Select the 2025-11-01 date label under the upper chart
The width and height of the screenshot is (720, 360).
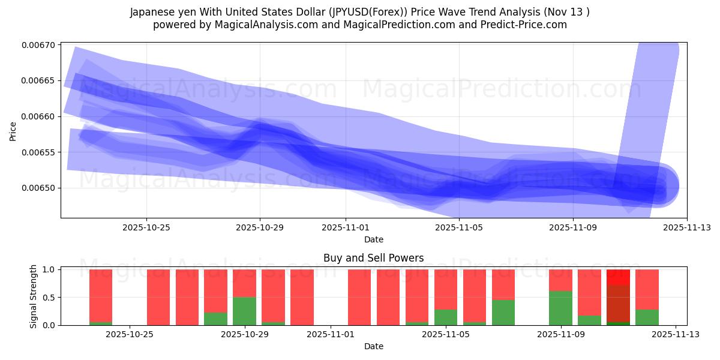click(346, 227)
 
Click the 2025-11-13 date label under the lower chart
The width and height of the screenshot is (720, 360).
click(676, 335)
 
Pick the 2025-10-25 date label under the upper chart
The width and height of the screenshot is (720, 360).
click(146, 227)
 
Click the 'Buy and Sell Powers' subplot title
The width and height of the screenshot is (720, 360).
click(373, 258)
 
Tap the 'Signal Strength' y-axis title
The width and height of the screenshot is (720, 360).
click(34, 296)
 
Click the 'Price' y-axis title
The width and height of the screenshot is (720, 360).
click(13, 130)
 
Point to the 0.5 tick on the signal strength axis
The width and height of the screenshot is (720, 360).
click(49, 298)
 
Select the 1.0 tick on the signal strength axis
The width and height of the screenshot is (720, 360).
click(49, 270)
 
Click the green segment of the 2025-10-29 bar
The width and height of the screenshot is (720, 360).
click(244, 311)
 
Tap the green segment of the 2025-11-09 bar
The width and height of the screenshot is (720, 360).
click(560, 308)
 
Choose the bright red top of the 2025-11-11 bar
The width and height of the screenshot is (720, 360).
click(618, 277)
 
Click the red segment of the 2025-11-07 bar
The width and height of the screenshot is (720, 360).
click(503, 284)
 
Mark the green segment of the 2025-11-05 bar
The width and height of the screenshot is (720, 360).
click(446, 317)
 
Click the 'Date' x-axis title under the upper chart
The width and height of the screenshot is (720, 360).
click(373, 239)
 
